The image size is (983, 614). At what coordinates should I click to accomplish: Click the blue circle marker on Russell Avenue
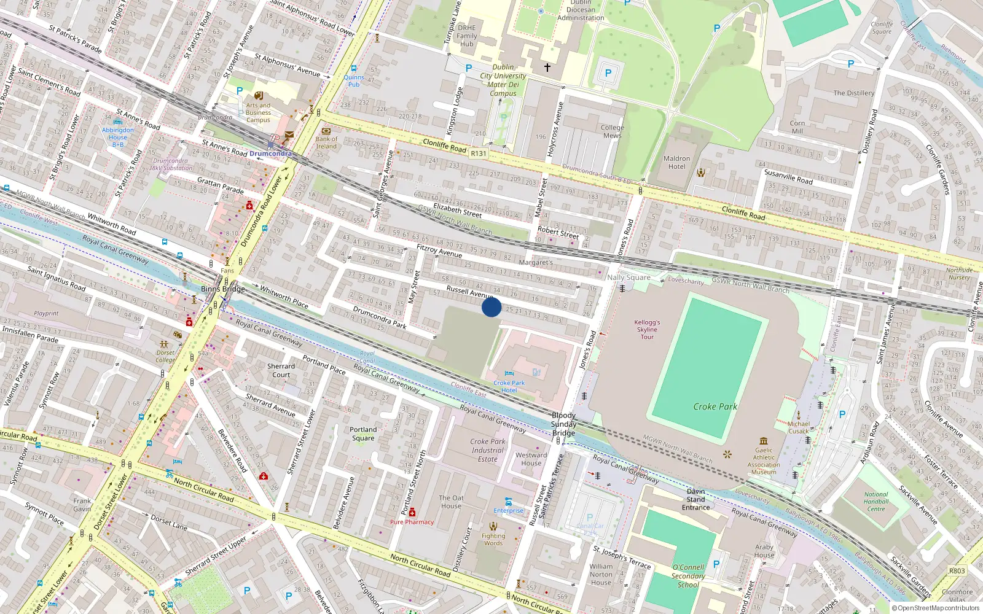click(491, 307)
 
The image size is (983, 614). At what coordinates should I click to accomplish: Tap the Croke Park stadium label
click(715, 406)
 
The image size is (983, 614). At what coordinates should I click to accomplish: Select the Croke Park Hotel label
click(509, 386)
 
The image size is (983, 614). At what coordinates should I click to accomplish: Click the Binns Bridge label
click(223, 289)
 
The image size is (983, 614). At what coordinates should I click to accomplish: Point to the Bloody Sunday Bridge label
click(563, 424)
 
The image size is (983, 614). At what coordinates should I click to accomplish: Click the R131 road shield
click(479, 153)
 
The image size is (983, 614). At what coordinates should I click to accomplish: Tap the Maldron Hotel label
click(676, 162)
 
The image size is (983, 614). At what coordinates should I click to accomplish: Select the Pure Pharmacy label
click(412, 522)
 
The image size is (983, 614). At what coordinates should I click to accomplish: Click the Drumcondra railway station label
click(270, 153)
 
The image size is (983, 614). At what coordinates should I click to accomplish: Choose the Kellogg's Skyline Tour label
click(647, 329)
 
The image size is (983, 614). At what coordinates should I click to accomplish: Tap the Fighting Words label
click(493, 539)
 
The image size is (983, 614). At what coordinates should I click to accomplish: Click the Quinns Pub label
click(354, 80)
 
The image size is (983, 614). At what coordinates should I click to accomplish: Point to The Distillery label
click(853, 93)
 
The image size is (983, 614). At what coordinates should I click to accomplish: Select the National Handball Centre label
click(876, 502)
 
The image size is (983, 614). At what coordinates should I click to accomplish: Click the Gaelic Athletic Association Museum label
click(764, 461)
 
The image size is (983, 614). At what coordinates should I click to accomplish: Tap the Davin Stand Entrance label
click(695, 499)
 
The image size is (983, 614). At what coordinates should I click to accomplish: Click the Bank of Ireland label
click(326, 142)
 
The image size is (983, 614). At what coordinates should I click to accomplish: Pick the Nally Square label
click(629, 278)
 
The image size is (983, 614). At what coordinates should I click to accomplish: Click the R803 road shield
click(957, 570)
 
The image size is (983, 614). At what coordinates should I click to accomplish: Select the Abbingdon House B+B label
click(118, 137)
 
